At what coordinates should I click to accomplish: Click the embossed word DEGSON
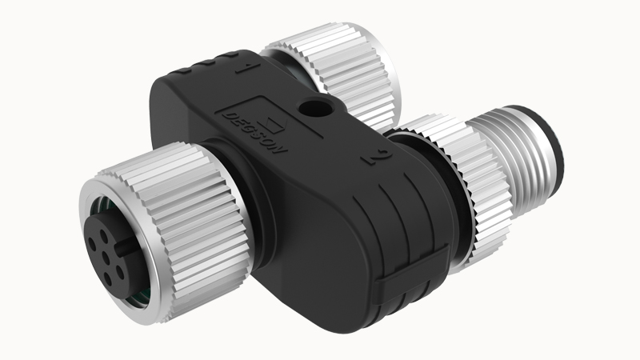254,133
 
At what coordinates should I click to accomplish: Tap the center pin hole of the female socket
106,257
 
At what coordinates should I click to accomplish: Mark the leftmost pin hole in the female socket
93,246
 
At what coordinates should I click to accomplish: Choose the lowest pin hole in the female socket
108,279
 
